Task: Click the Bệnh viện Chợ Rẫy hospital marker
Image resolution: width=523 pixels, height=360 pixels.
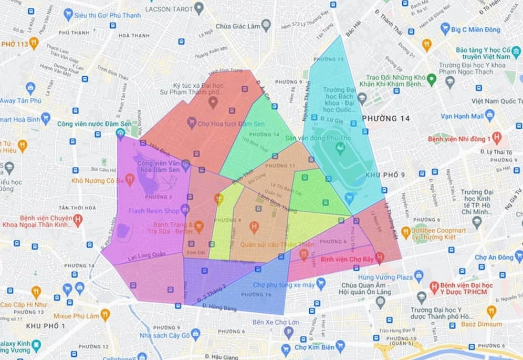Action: pyautogui.click(x=379, y=256)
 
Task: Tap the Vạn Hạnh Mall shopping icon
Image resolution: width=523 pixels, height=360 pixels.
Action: pyautogui.click(x=489, y=115)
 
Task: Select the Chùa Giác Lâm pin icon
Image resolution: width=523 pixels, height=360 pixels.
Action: pyautogui.click(x=266, y=24)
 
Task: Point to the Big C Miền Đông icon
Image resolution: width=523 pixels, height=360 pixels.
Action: pyautogui.click(x=445, y=28)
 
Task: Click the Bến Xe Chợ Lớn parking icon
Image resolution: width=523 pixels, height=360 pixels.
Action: pyautogui.click(x=288, y=332)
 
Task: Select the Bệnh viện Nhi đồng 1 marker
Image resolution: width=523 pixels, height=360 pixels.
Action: pyautogui.click(x=496, y=138)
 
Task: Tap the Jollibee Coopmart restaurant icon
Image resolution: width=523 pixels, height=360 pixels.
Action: pyautogui.click(x=405, y=231)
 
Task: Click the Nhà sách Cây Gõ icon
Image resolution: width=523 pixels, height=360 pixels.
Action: pyautogui.click(x=196, y=334)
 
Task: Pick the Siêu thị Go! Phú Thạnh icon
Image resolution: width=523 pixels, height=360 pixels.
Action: pyautogui.click(x=68, y=14)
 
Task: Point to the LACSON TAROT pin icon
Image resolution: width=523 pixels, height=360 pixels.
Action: pyautogui.click(x=198, y=8)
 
